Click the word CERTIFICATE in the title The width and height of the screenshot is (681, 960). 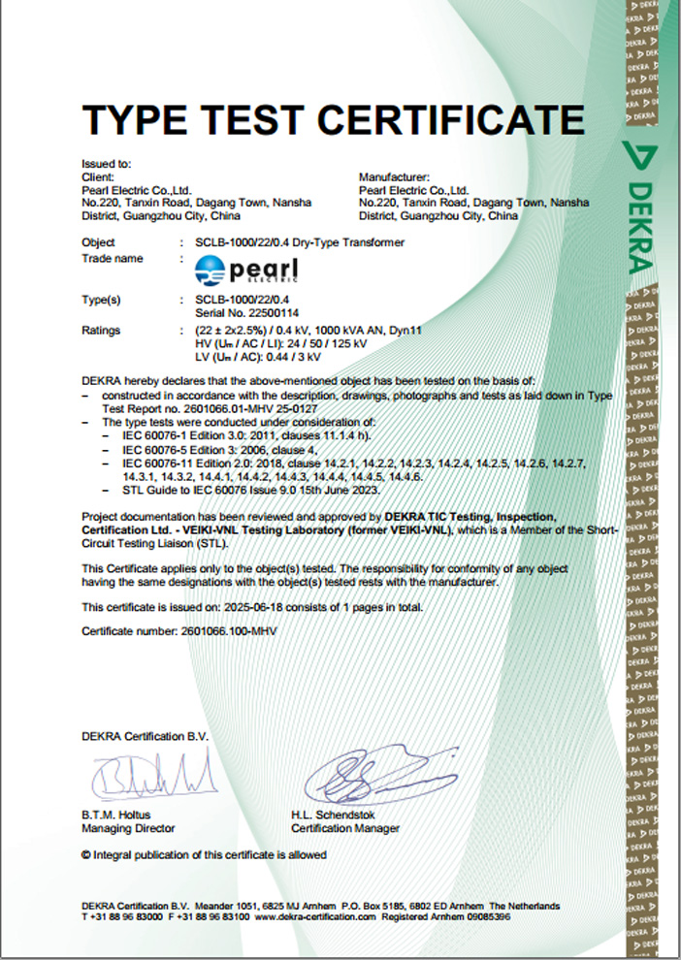[451, 119]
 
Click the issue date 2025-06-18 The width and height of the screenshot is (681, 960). [260, 607]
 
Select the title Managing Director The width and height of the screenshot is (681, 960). [129, 829]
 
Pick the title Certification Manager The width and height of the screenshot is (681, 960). [344, 829]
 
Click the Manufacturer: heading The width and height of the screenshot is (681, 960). [394, 177]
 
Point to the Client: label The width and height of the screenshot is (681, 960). [98, 177]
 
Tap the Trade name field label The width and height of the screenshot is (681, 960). [113, 259]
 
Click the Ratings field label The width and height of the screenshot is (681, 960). [102, 331]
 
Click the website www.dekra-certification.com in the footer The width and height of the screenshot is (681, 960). [313, 915]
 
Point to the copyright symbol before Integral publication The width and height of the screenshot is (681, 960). [86, 855]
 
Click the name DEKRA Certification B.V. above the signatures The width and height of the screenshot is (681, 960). [145, 736]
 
